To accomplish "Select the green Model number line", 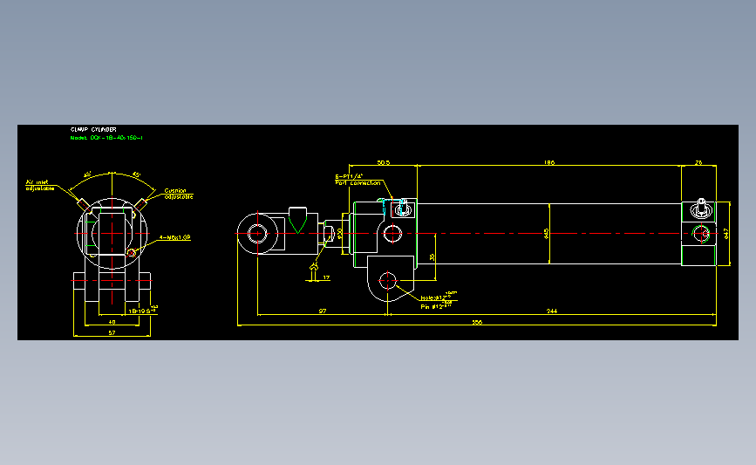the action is click(106, 138).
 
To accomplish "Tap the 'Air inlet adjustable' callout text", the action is click(38, 185).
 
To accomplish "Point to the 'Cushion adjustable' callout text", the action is click(178, 194).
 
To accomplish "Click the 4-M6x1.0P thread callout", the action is click(174, 237).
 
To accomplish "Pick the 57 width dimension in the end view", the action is click(111, 332).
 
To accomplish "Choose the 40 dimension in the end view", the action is click(111, 322).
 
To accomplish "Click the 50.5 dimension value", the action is click(382, 162).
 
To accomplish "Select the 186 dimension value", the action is click(548, 162).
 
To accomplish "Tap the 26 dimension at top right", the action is click(699, 162).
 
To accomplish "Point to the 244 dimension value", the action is click(552, 311).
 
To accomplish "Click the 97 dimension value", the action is click(323, 311).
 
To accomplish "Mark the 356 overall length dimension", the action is click(476, 322).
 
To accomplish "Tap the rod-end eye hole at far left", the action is click(258, 234).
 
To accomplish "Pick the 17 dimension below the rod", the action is click(326, 277).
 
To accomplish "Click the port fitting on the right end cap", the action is click(702, 208).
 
